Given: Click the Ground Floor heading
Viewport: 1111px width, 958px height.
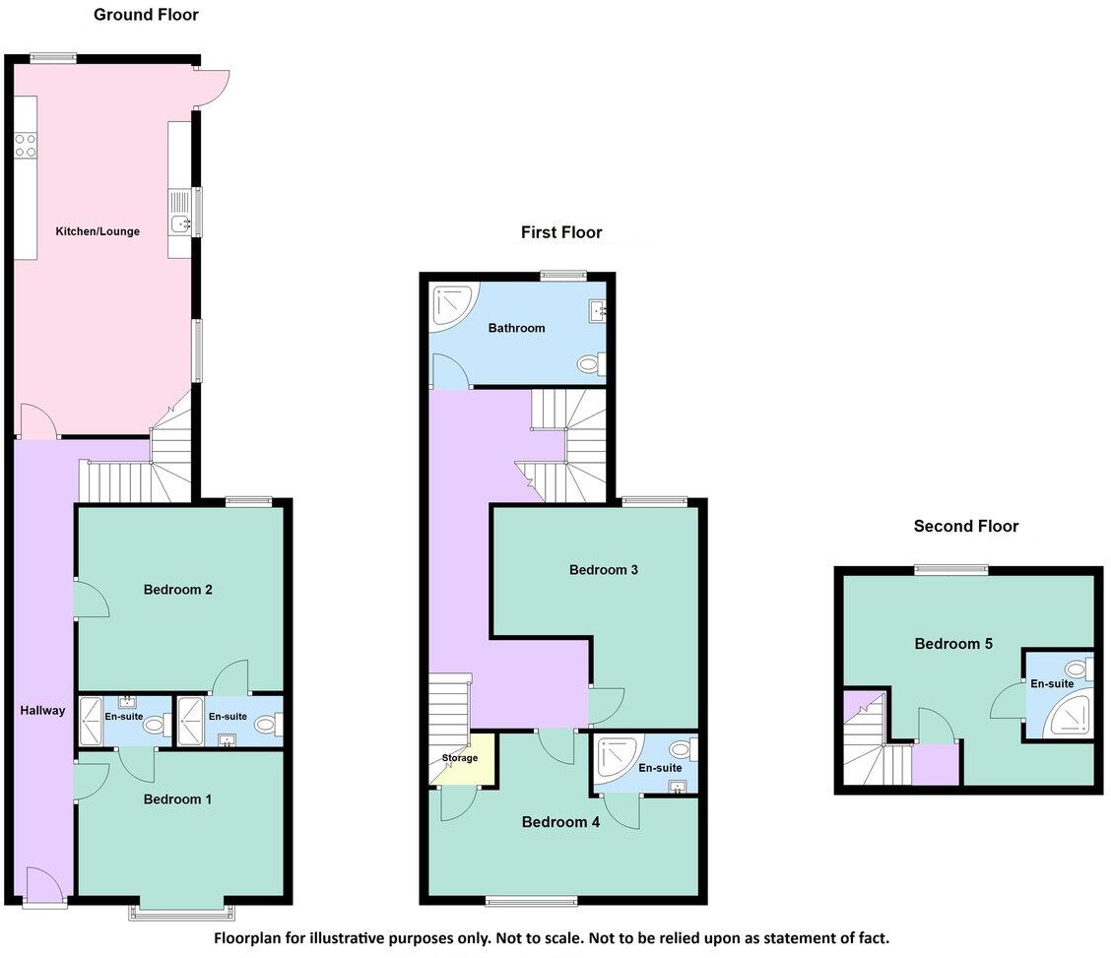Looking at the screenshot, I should point(146,15).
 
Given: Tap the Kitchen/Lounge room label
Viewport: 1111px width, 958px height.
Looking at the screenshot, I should point(98,231).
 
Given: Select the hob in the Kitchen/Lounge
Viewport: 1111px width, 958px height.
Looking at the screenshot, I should point(26,145).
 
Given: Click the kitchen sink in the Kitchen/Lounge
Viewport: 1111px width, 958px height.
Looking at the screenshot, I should point(180,224).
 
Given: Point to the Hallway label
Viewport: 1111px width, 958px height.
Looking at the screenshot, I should point(42,710).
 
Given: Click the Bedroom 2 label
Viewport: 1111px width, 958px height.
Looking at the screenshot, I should point(178,590).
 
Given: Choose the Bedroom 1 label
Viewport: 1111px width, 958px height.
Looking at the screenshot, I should point(177,799).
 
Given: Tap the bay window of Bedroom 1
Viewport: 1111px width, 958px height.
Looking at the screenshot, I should point(182,913).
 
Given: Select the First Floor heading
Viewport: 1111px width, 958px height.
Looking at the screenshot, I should point(561,232).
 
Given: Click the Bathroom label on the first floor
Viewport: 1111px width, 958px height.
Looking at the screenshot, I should point(516,328).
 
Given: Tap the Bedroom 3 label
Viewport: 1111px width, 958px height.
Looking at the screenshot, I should point(598,570).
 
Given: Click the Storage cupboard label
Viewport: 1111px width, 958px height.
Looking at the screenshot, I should point(459,758).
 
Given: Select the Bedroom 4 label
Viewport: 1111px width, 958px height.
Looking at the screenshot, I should point(560,822).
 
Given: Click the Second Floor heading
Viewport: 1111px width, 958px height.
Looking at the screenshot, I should point(965,526).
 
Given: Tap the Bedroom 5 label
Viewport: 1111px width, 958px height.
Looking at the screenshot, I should point(953,644).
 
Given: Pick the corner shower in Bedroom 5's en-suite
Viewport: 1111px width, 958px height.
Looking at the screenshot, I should point(1072,719).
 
